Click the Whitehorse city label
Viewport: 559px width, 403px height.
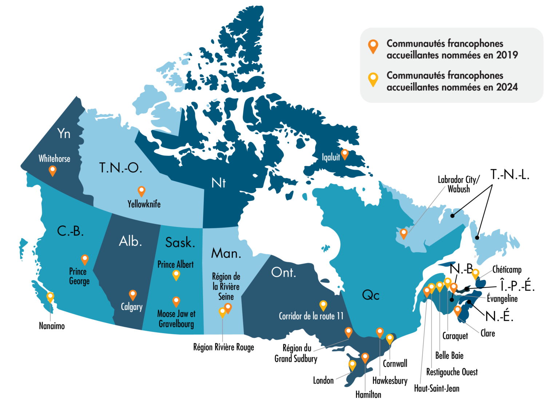click(x=54, y=159)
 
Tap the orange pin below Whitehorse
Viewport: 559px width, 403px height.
click(x=53, y=170)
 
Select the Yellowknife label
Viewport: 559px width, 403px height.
click(x=144, y=204)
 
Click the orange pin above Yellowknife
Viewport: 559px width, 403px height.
click(x=141, y=191)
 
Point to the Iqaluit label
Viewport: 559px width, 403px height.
click(x=330, y=157)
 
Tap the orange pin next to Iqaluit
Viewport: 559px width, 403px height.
click(x=344, y=154)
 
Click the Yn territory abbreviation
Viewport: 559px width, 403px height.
click(x=64, y=134)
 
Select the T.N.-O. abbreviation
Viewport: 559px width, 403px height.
click(x=120, y=168)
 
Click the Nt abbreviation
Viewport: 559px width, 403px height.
click(x=218, y=183)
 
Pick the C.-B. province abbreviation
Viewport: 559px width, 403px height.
click(x=70, y=231)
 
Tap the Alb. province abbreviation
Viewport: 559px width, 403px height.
click(x=130, y=241)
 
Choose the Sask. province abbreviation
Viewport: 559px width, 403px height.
click(x=180, y=242)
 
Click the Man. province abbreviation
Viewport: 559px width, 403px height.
click(x=226, y=253)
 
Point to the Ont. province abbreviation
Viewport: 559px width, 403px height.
click(x=284, y=272)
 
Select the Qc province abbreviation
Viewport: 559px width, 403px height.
click(x=370, y=295)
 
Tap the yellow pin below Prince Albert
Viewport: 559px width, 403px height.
click(x=176, y=275)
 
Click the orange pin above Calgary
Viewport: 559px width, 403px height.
click(x=133, y=295)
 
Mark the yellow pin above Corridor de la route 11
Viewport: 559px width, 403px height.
click(x=323, y=305)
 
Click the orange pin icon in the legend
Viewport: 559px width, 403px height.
click(x=373, y=46)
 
